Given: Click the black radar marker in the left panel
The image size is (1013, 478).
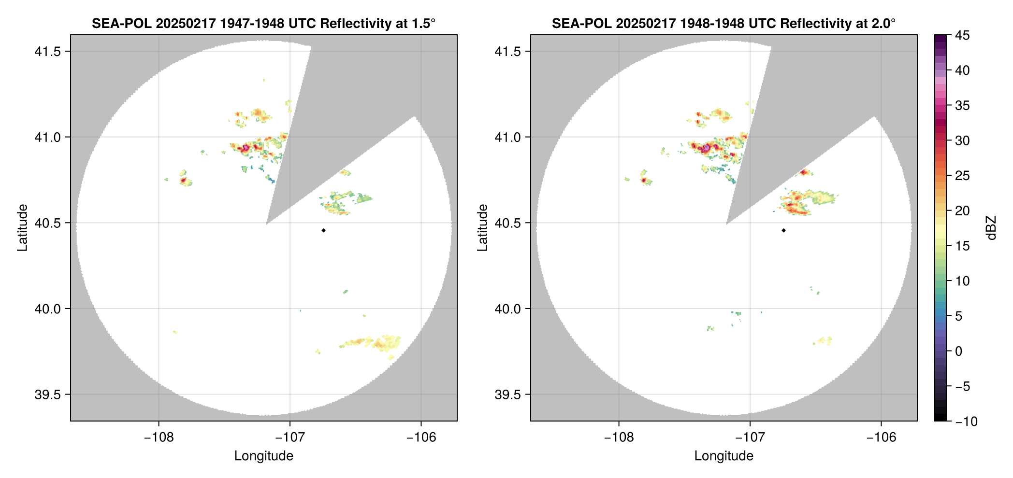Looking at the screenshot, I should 323,230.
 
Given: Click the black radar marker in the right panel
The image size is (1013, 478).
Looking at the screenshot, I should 783,230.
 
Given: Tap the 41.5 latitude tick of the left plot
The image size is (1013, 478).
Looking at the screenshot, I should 47,52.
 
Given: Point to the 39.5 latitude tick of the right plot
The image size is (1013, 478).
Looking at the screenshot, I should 507,394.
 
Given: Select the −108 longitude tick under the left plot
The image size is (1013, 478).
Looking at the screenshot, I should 159,437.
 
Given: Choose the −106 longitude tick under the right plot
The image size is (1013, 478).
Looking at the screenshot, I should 881,437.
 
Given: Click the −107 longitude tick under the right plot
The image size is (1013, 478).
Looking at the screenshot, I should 750,437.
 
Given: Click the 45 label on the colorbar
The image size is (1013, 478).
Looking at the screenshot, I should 962,35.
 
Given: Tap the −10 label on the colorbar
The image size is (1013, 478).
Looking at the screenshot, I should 966,422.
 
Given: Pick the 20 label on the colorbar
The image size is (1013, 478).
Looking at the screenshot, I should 962,211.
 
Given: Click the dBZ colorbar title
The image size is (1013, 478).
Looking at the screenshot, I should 991,228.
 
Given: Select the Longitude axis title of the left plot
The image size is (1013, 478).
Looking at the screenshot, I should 264,456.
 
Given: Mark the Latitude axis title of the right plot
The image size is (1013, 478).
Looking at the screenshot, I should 482,228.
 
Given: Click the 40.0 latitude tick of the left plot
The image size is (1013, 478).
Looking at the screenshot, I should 47,309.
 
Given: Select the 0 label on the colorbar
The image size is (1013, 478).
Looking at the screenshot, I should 959,351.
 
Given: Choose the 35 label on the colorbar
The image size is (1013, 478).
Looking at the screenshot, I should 962,106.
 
